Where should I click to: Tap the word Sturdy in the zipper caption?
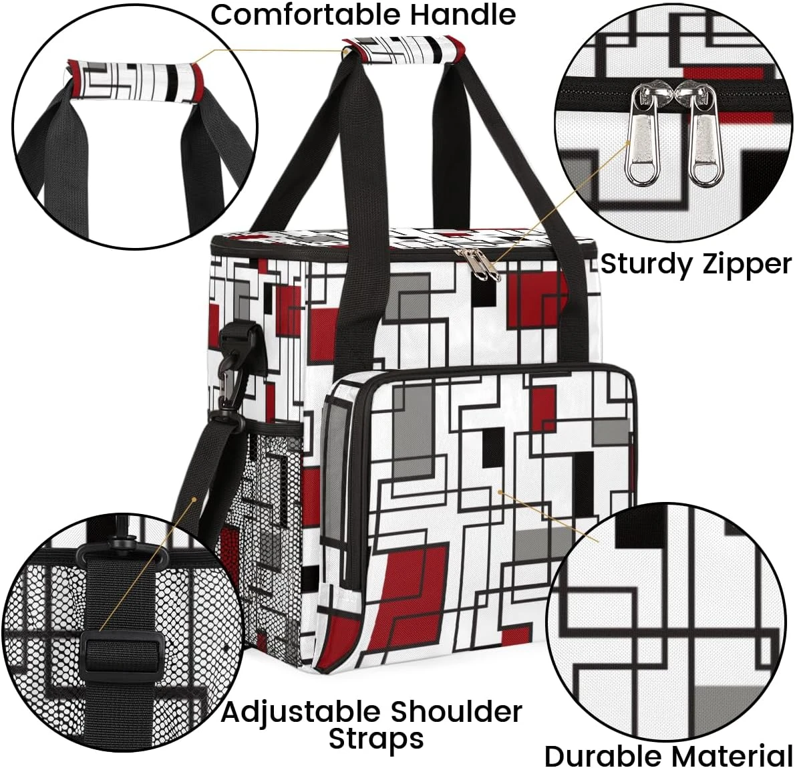click(x=644, y=264)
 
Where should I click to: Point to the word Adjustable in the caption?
click(x=301, y=711)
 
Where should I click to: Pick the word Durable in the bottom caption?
click(x=603, y=757)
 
